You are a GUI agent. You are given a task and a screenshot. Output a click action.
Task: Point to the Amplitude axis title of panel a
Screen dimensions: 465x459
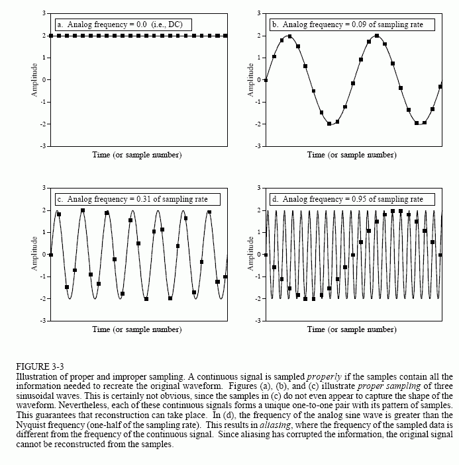[34, 80]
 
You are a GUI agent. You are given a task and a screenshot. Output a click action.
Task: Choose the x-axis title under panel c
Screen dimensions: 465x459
[137, 329]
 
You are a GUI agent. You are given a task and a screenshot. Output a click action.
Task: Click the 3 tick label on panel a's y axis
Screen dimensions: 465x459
[44, 13]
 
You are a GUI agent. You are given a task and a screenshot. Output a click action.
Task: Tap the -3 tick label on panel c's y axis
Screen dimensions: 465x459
[42, 321]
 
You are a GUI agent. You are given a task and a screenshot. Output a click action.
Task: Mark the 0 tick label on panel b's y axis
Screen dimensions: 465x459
[259, 80]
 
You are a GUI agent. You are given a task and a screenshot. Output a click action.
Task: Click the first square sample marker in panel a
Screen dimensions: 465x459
[51, 36]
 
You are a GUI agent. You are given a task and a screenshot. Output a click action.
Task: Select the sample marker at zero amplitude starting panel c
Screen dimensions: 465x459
[51, 255]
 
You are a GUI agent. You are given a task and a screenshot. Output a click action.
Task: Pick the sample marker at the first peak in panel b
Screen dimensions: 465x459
[289, 36]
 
